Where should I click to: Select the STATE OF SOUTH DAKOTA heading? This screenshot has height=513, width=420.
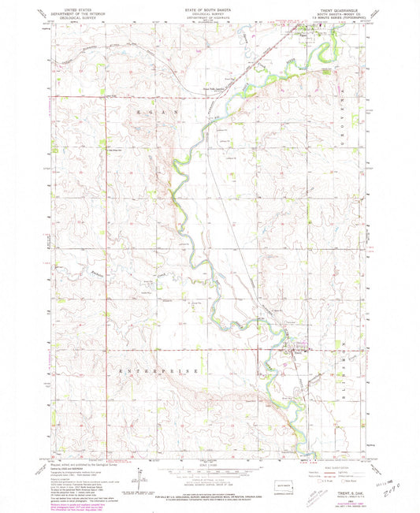210,7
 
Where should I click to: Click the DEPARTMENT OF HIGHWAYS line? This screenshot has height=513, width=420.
210,16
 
